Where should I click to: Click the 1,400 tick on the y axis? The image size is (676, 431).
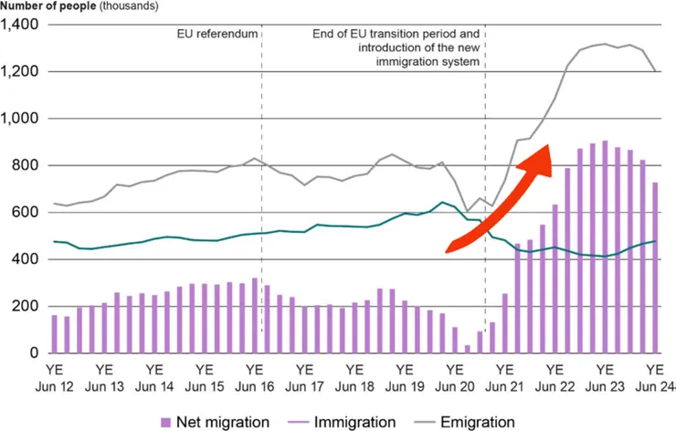point(21,25)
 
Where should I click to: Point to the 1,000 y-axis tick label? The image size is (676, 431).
point(21,119)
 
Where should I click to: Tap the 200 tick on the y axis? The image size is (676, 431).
point(28,306)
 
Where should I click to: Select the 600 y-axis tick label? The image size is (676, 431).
point(28,213)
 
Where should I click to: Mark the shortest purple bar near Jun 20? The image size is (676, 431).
point(468,348)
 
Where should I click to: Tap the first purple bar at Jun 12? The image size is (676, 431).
point(55,333)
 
